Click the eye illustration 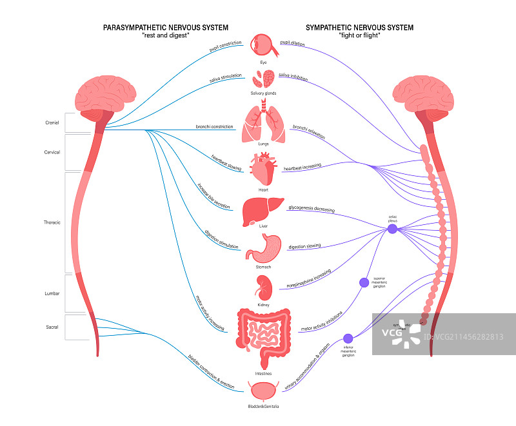tap(262, 46)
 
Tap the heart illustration tap(263, 169)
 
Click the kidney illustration tap(263, 286)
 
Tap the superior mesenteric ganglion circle tap(364, 282)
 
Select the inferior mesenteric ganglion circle tap(348, 338)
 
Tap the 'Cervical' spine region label tap(52, 152)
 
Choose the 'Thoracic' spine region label tap(52, 222)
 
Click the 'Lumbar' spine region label tap(52, 293)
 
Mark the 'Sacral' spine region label tap(52, 327)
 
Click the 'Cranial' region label tap(52, 121)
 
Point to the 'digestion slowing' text tap(304, 246)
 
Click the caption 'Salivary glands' tap(263, 93)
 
